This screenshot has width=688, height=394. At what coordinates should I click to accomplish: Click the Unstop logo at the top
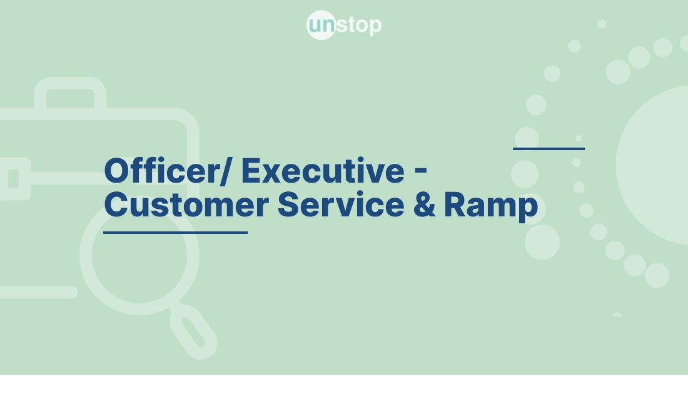344,26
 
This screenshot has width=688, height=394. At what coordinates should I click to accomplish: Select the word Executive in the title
323,170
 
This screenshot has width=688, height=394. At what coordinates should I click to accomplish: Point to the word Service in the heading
341,205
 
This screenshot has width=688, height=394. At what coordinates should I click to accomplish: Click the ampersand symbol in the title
425,205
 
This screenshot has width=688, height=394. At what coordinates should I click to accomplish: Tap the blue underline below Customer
175,232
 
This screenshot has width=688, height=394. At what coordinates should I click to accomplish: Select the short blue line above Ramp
549,149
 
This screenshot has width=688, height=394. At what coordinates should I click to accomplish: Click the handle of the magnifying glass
195,331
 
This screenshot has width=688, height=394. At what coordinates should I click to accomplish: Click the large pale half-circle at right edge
657,166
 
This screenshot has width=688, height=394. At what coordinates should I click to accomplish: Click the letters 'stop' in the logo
359,26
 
